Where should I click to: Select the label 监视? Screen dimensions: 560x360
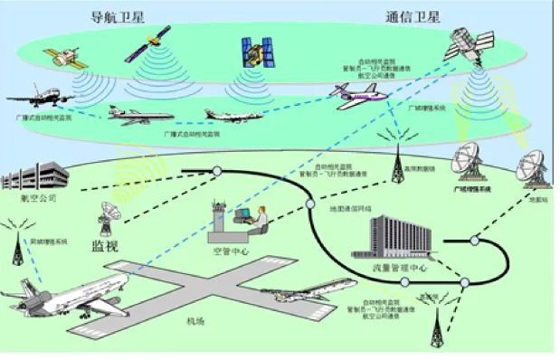pos(103,244)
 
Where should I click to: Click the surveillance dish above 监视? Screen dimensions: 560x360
pos(106,217)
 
